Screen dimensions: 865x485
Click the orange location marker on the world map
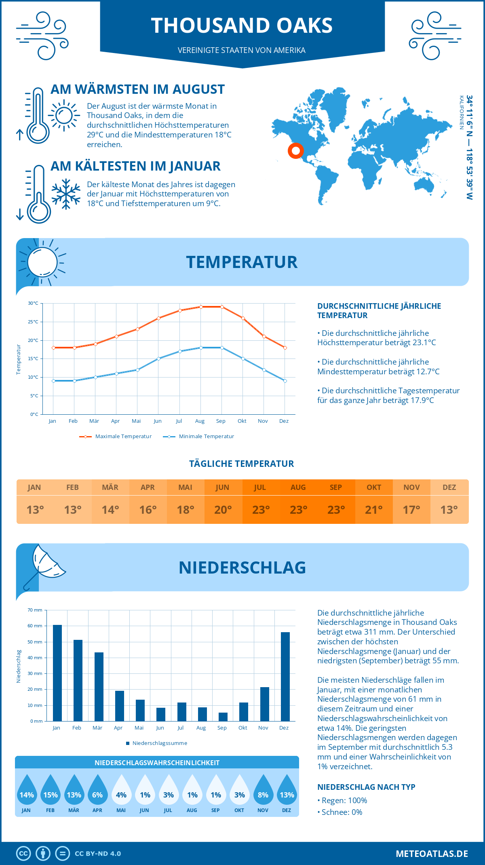296,151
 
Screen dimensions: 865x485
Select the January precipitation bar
57,673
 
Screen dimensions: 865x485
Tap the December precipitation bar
285,677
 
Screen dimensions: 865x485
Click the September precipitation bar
223,717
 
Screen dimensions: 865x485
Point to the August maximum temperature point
201,307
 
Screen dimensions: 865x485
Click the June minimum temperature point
158,359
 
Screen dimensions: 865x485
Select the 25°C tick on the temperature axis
34,322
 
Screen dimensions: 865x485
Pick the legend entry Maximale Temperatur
116,437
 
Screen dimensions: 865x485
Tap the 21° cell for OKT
374,510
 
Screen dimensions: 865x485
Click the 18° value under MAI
186,510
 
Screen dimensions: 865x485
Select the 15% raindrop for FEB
51,791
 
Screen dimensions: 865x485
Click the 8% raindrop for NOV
263,791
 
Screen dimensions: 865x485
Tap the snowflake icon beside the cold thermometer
66,194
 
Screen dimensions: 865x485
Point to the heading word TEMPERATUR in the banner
242,262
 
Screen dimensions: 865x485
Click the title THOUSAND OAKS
242,25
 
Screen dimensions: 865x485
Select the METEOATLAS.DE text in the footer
432,854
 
